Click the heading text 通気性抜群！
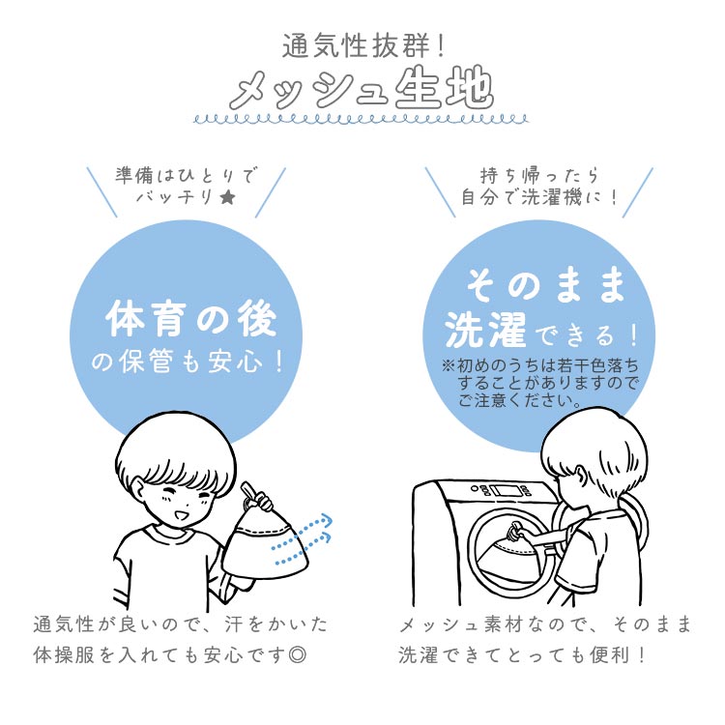click(x=363, y=46)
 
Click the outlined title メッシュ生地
click(x=362, y=89)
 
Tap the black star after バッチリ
click(x=227, y=198)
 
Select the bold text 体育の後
click(x=191, y=319)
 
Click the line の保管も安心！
click(x=188, y=362)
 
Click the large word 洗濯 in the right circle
click(x=485, y=329)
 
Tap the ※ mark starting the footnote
click(x=448, y=365)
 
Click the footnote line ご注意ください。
click(x=520, y=400)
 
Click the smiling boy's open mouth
click(x=181, y=514)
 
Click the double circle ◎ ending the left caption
click(x=297, y=654)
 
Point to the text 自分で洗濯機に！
click(x=539, y=198)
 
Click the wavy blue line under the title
click(x=362, y=120)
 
